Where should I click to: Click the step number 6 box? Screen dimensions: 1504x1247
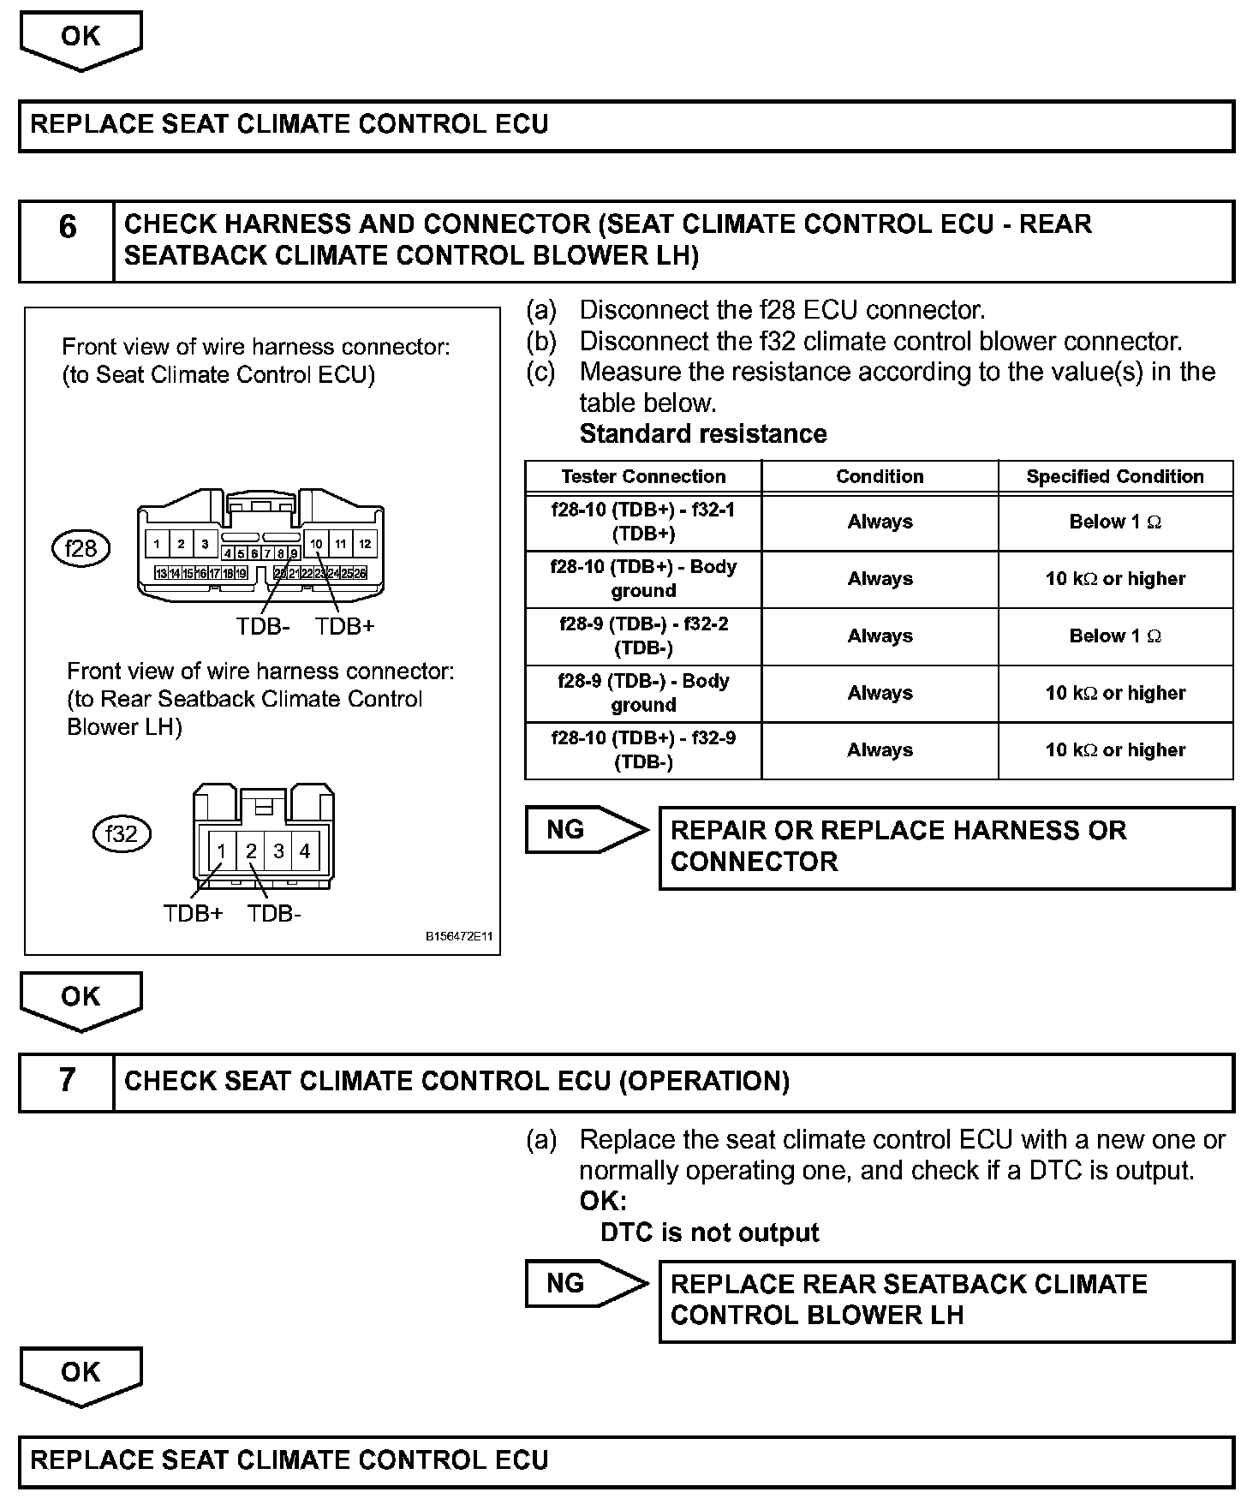pyautogui.click(x=67, y=241)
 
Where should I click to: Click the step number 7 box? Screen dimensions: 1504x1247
pyautogui.click(x=67, y=1082)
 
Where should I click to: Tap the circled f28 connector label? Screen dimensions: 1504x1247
pyautogui.click(x=81, y=547)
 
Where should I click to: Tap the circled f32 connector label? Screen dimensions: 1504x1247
pyautogui.click(x=121, y=833)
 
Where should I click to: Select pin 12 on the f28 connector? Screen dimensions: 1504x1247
pyautogui.click(x=365, y=543)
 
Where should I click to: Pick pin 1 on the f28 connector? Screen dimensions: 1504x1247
pyautogui.click(x=157, y=543)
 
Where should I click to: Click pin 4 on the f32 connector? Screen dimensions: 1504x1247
pyautogui.click(x=305, y=850)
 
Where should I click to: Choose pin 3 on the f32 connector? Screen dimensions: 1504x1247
pyautogui.click(x=278, y=850)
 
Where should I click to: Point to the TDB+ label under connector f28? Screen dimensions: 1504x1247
pyautogui.click(x=344, y=627)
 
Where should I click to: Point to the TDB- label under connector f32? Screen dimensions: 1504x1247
pyautogui.click(x=274, y=914)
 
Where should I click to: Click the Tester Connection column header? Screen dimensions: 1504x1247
pyautogui.click(x=643, y=476)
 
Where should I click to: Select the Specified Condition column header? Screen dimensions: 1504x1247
pyautogui.click(x=1115, y=476)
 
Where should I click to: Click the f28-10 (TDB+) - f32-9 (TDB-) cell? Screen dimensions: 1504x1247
pyautogui.click(x=643, y=750)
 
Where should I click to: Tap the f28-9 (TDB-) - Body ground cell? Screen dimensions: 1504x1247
pyautogui.click(x=643, y=693)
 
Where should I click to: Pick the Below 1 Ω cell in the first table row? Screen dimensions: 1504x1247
pyautogui.click(x=1115, y=522)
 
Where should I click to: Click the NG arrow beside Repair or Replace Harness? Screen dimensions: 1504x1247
pyautogui.click(x=585, y=829)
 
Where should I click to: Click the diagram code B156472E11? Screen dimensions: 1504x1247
pyautogui.click(x=459, y=937)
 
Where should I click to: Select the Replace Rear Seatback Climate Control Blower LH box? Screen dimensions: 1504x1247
pyautogui.click(x=946, y=1299)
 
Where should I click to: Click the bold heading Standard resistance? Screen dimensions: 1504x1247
pyautogui.click(x=703, y=434)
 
